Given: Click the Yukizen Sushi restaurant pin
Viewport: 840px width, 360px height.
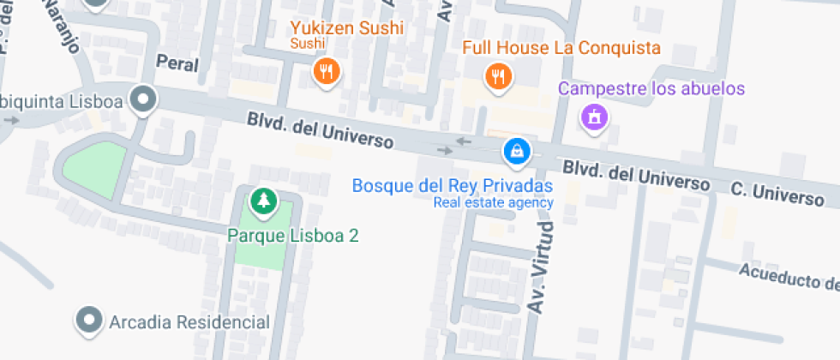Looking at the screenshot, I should pyautogui.click(x=326, y=71).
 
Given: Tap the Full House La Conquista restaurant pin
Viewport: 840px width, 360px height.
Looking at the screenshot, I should pyautogui.click(x=498, y=76).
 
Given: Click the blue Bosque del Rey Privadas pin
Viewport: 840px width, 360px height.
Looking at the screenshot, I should pyautogui.click(x=517, y=152).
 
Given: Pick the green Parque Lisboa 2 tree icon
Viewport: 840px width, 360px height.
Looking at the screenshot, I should pyautogui.click(x=264, y=201).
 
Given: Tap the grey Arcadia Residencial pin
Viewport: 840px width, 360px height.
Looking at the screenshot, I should pyautogui.click(x=88, y=321).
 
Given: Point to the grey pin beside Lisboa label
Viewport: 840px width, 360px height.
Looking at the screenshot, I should pyautogui.click(x=144, y=100).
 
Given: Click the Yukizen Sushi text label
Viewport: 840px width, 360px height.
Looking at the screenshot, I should pyautogui.click(x=346, y=28).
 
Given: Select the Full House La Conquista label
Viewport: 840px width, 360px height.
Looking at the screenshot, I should pyautogui.click(x=561, y=47).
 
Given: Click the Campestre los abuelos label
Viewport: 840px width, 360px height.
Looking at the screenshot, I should pyautogui.click(x=651, y=88).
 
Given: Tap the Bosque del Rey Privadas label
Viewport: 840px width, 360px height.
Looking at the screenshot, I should pyautogui.click(x=453, y=185).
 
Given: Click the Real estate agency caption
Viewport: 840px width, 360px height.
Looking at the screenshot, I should pyautogui.click(x=493, y=203).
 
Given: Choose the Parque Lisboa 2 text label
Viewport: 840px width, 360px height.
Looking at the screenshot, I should pyautogui.click(x=292, y=234).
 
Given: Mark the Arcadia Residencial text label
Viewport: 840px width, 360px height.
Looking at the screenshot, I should pyautogui.click(x=189, y=322).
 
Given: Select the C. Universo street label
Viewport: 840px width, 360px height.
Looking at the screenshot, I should pyautogui.click(x=777, y=192).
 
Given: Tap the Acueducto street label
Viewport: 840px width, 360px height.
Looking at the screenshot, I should pyautogui.click(x=787, y=275).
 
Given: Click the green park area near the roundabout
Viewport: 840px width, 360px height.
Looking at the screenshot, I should pyautogui.click(x=90, y=168).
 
